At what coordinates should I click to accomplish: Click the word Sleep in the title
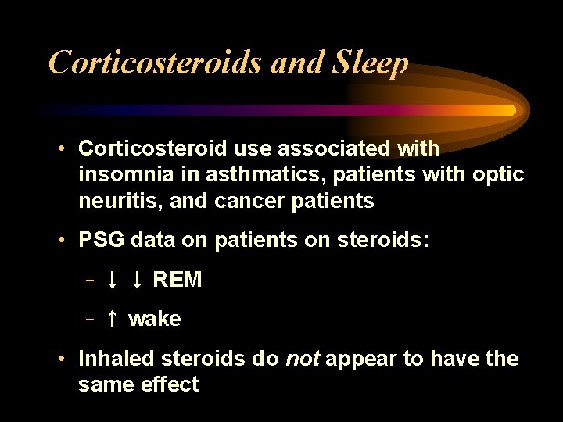click(370, 63)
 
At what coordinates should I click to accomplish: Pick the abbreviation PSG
click(101, 240)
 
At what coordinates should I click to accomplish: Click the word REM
click(178, 280)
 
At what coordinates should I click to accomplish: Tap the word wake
click(155, 319)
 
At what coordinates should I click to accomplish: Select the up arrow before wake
click(113, 319)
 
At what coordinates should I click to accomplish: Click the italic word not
click(302, 359)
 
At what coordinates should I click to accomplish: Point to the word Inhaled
click(117, 359)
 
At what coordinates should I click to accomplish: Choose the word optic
click(498, 174)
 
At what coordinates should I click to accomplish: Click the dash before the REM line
click(91, 280)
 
